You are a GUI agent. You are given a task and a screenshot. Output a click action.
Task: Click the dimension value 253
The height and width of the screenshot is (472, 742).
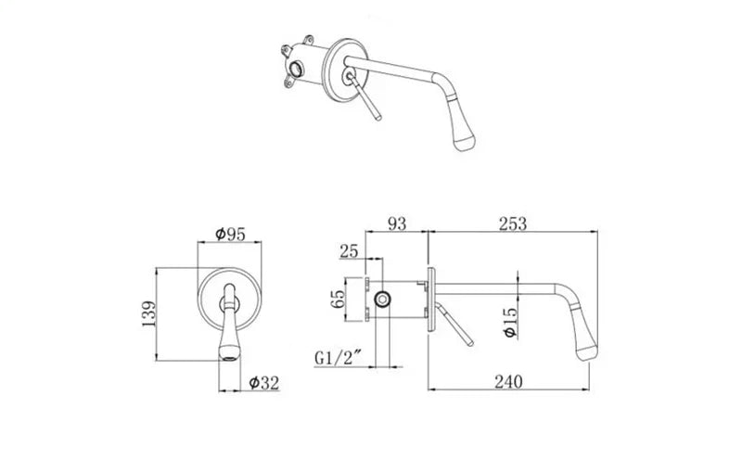pyautogui.click(x=513, y=223)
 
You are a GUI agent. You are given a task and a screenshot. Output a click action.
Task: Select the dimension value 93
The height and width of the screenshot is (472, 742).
pyautogui.click(x=397, y=223)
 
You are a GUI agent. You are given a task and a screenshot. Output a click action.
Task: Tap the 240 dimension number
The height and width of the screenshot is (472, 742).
pyautogui.click(x=508, y=381)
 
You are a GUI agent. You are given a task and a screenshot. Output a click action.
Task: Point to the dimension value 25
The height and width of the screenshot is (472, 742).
pyautogui.click(x=349, y=251)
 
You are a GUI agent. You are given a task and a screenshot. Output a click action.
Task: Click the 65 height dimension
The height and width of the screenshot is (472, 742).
pyautogui.click(x=339, y=299)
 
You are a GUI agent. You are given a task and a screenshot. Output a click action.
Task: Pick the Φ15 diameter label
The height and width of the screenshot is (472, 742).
pyautogui.click(x=510, y=323)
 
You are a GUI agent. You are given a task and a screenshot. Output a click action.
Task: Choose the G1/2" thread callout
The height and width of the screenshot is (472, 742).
pyautogui.click(x=338, y=358)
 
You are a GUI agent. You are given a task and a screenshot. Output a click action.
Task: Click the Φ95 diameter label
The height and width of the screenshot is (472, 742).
pyautogui.click(x=230, y=234)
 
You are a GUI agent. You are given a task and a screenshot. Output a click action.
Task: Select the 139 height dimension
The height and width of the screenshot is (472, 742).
pyautogui.click(x=148, y=313)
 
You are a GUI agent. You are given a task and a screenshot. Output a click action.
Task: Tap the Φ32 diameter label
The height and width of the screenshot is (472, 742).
pyautogui.click(x=264, y=383)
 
